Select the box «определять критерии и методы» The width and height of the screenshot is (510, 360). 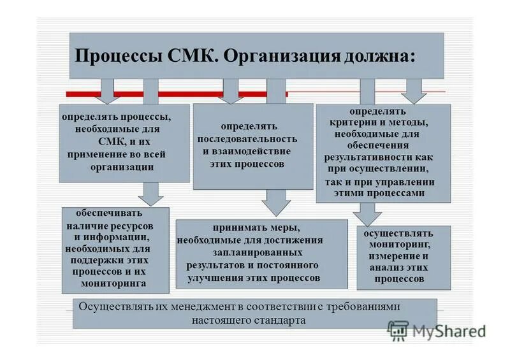[383, 153]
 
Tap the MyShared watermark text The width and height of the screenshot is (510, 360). [448, 331]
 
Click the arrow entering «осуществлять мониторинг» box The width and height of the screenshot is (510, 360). [367, 215]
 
